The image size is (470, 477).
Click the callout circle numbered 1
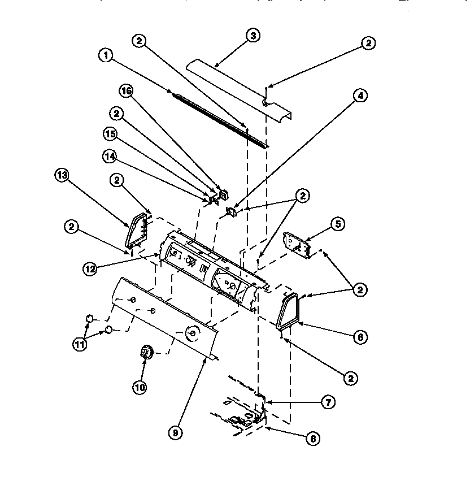coord(105,55)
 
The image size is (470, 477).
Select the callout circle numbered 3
coord(254,36)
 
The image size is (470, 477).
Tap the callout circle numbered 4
coord(360,96)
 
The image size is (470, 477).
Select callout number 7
coord(328,402)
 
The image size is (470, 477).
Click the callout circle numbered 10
coord(140,387)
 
